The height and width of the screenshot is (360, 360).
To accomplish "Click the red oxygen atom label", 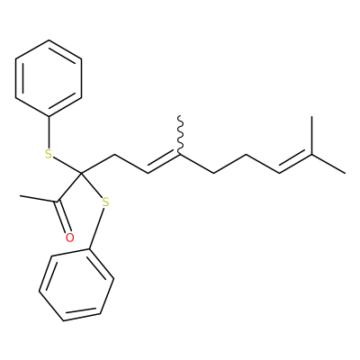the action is click(69, 238).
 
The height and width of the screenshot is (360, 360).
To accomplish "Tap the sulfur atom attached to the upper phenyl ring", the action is click(49, 154).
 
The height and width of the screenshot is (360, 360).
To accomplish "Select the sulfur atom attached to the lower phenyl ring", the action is click(105, 202).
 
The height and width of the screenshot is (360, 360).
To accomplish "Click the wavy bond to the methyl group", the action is click(180, 135).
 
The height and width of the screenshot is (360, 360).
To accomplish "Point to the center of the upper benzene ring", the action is click(49, 78).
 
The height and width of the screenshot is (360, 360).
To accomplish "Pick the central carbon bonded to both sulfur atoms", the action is click(82, 173).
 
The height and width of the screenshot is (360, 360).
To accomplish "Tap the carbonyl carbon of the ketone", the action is click(58, 201).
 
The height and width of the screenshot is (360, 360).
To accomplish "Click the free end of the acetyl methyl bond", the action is click(20, 196).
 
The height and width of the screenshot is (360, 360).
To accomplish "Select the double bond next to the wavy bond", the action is click(164, 163).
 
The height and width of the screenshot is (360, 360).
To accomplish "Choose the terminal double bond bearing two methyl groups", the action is click(295, 163).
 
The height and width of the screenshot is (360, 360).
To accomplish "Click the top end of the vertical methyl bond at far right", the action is click(311, 116).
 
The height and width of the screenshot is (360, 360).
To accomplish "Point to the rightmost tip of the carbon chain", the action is click(345, 173).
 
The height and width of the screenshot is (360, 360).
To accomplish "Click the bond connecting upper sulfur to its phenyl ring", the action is click(49, 132).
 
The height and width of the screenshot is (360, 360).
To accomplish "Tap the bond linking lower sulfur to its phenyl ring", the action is click(96, 229).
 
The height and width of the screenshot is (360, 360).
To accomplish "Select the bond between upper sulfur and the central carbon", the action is click(67, 166).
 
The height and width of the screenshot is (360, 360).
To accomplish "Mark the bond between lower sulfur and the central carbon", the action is click(92, 185).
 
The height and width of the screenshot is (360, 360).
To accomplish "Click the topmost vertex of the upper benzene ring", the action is click(49, 40).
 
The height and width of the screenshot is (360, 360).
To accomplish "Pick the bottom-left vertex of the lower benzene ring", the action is click(40, 291).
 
